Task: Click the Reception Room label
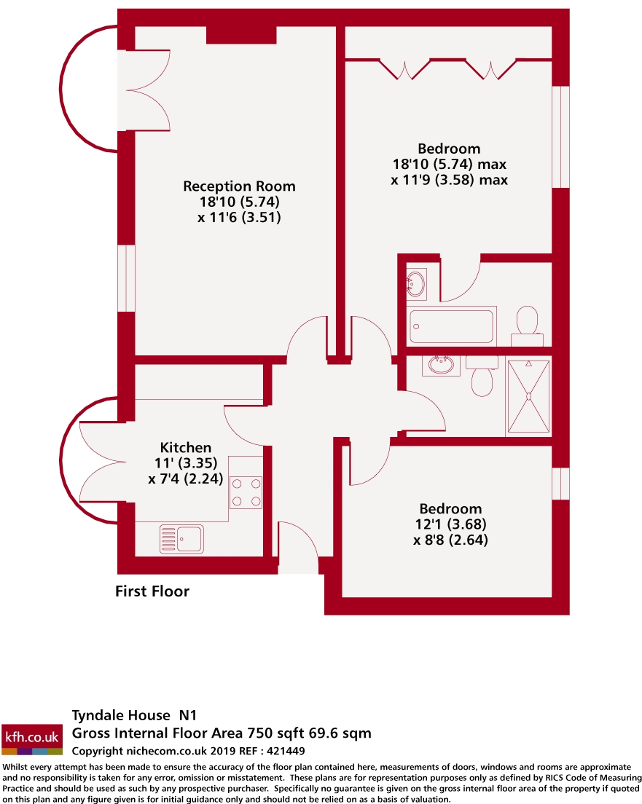(239, 186)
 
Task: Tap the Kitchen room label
(186, 448)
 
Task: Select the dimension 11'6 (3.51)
(239, 217)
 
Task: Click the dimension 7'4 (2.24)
(185, 479)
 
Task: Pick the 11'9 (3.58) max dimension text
(449, 179)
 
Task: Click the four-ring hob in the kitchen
(246, 492)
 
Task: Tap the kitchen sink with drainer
(181, 539)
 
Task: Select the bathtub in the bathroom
(452, 326)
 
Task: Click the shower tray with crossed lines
(528, 396)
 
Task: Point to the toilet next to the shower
(482, 377)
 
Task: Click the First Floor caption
(152, 591)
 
